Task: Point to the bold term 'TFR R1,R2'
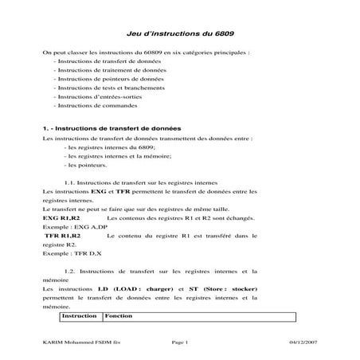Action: coord(64,237)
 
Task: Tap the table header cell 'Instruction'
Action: coord(80,316)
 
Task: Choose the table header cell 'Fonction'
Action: coord(119,316)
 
